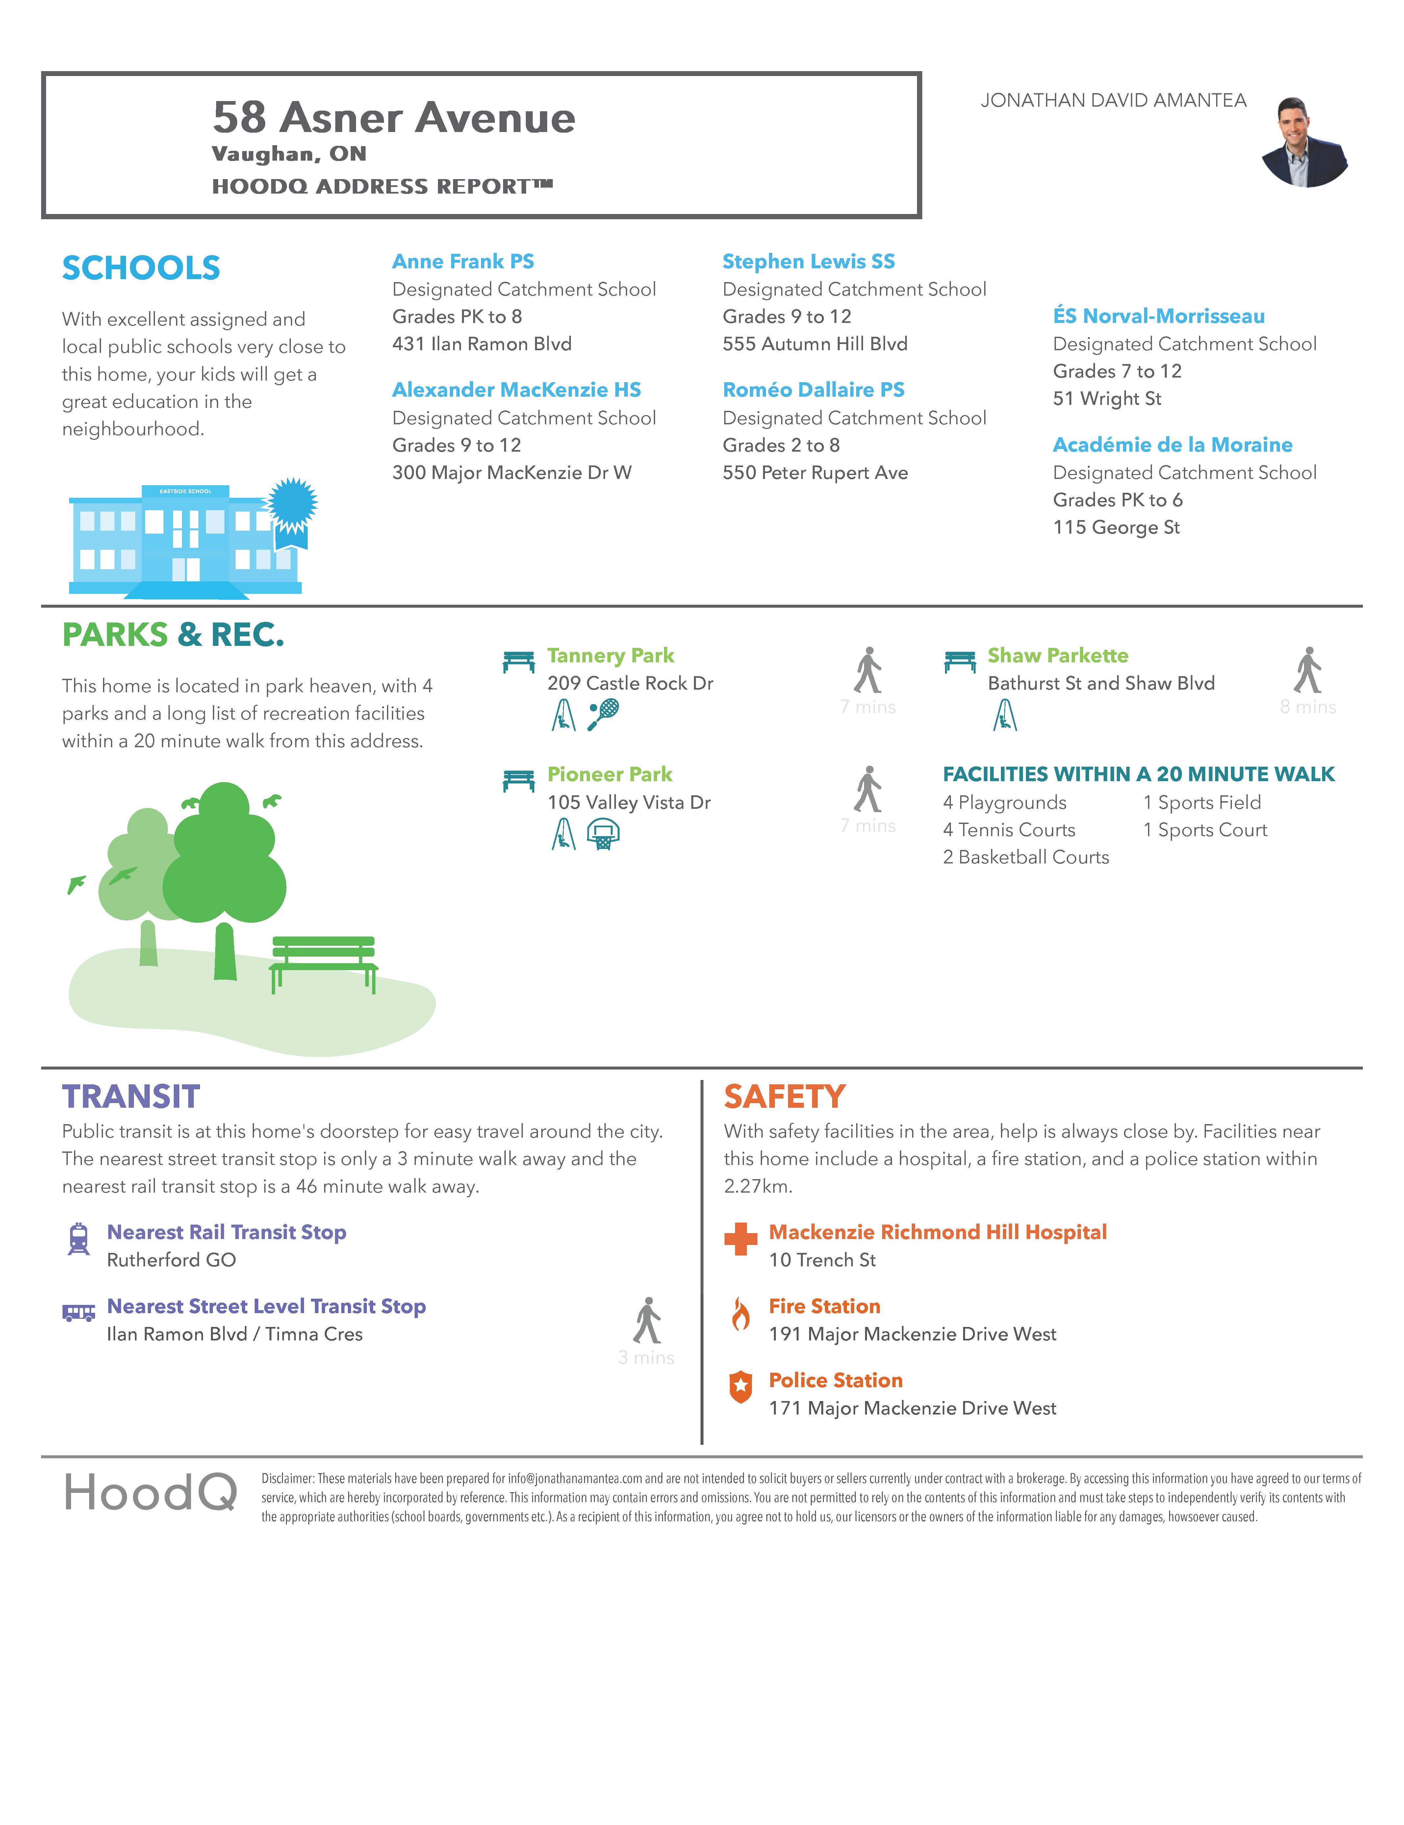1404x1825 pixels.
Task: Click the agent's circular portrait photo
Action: (x=1305, y=142)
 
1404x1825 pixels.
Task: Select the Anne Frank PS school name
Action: (x=463, y=262)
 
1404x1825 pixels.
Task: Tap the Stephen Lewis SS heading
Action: (x=808, y=262)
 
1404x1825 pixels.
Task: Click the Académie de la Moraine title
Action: (x=1172, y=444)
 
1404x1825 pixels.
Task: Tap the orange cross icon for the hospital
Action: (x=740, y=1238)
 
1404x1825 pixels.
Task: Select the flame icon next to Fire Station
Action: (x=740, y=1313)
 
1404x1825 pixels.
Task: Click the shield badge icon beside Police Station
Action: (x=740, y=1387)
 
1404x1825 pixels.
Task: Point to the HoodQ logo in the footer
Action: (x=150, y=1493)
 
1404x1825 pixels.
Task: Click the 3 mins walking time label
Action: (x=646, y=1358)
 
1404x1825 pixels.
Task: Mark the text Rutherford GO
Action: (x=171, y=1260)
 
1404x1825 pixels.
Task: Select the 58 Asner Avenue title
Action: (x=394, y=118)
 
